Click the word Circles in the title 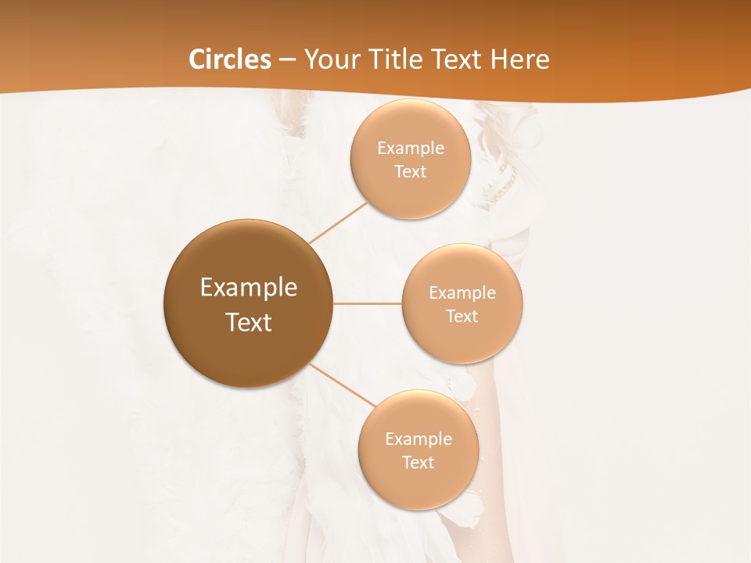pyautogui.click(x=230, y=59)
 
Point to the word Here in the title pyautogui.click(x=519, y=59)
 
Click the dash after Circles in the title pyautogui.click(x=287, y=60)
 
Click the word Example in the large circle pyautogui.click(x=249, y=288)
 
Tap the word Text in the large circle pyautogui.click(x=249, y=322)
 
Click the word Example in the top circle pyautogui.click(x=410, y=149)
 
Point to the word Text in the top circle pyautogui.click(x=410, y=172)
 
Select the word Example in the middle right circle pyautogui.click(x=462, y=293)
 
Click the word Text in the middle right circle pyautogui.click(x=462, y=317)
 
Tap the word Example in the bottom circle pyautogui.click(x=418, y=439)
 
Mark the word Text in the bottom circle pyautogui.click(x=418, y=463)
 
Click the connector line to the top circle pyautogui.click(x=338, y=222)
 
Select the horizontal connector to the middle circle pyautogui.click(x=368, y=303)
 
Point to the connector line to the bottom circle pyautogui.click(x=342, y=384)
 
